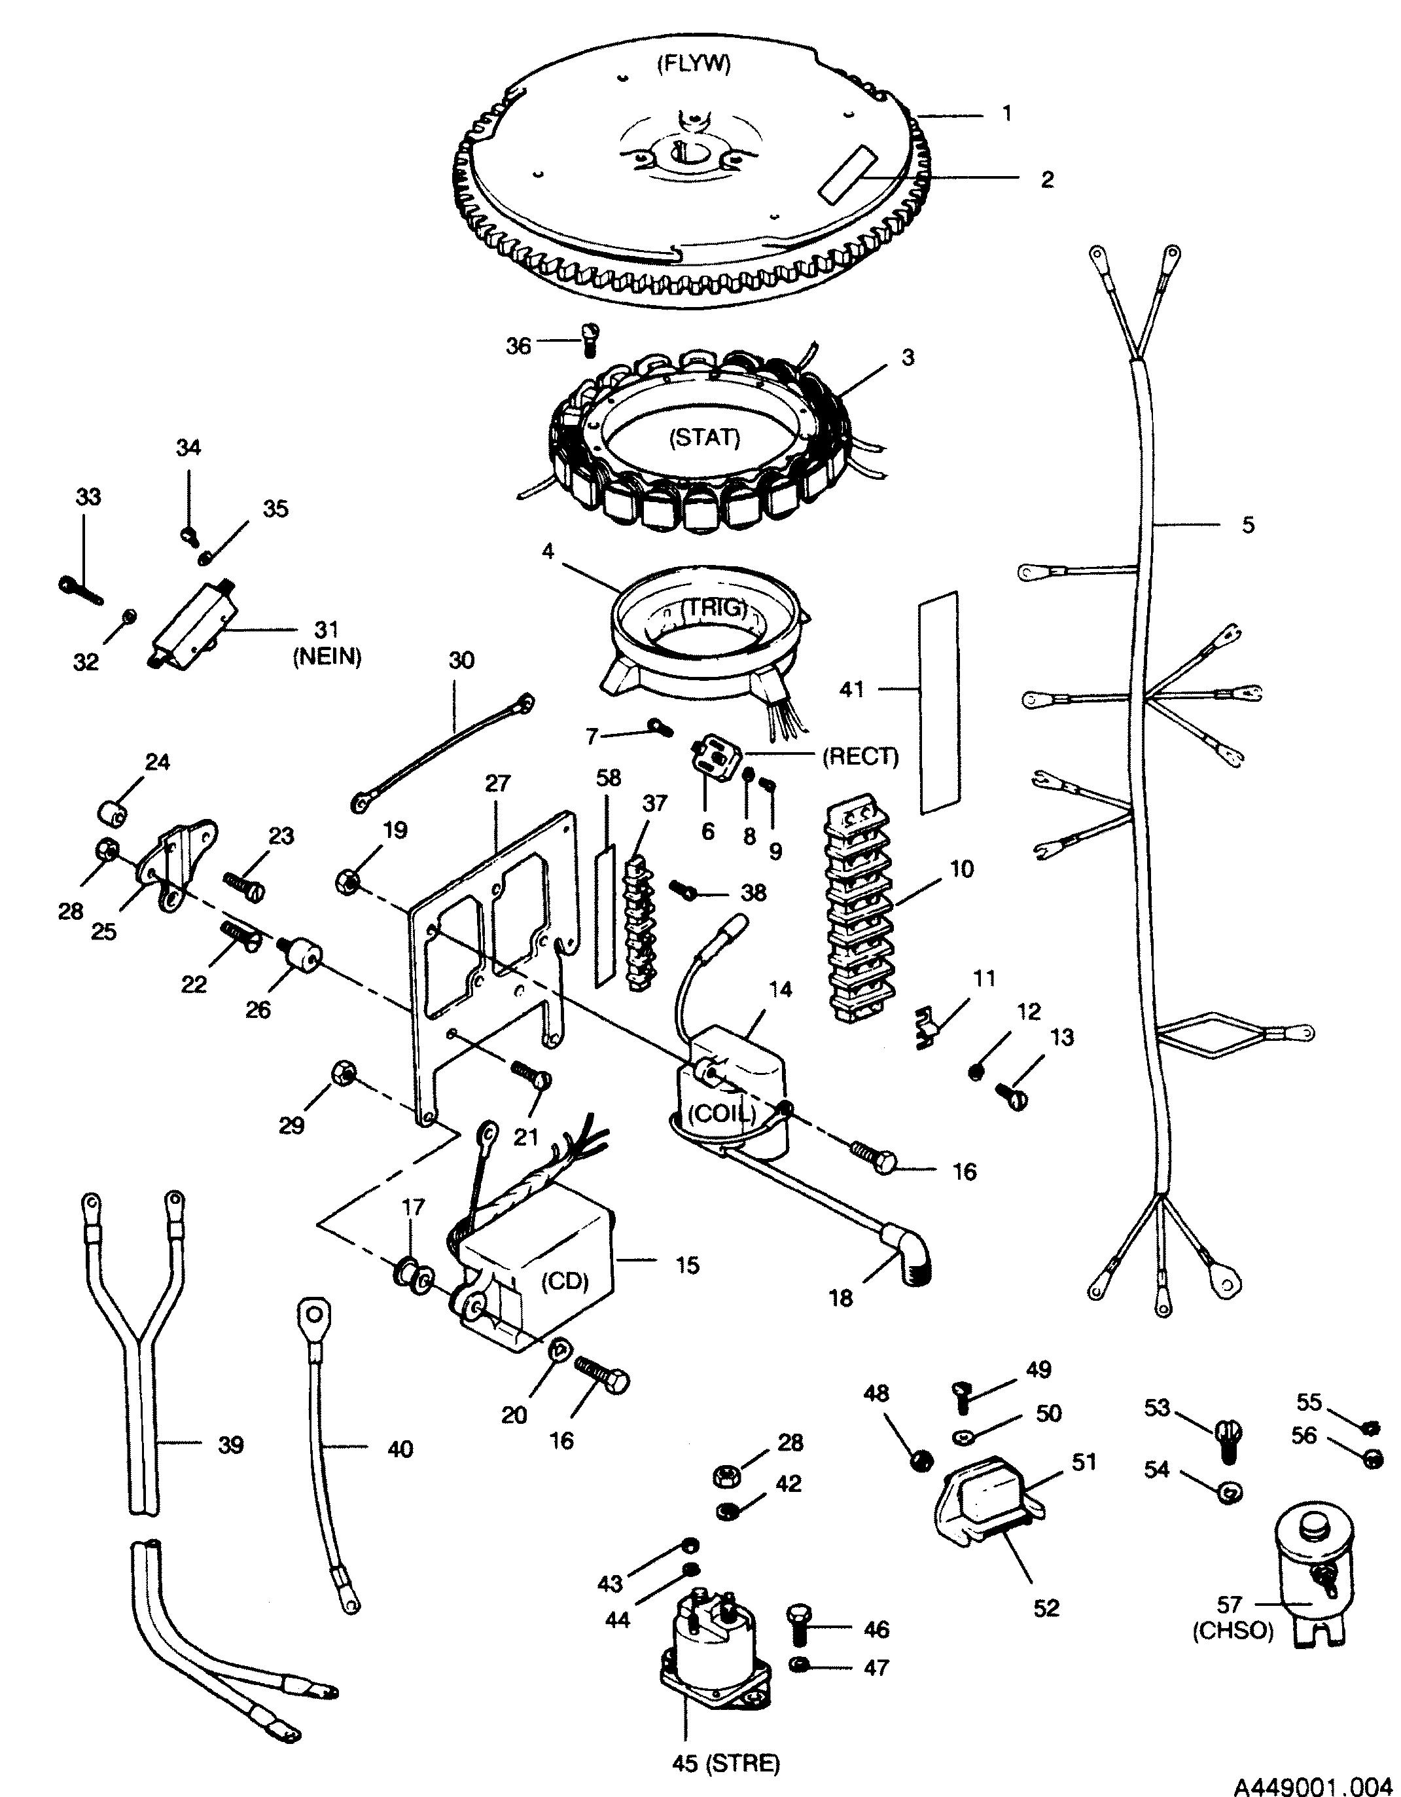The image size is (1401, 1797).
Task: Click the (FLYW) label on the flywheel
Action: coord(693,65)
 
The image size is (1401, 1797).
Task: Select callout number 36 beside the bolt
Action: coord(518,346)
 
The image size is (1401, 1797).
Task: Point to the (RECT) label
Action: coord(861,756)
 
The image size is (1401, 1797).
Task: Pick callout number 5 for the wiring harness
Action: coord(1248,525)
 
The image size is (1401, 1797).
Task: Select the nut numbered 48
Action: coord(922,1461)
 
